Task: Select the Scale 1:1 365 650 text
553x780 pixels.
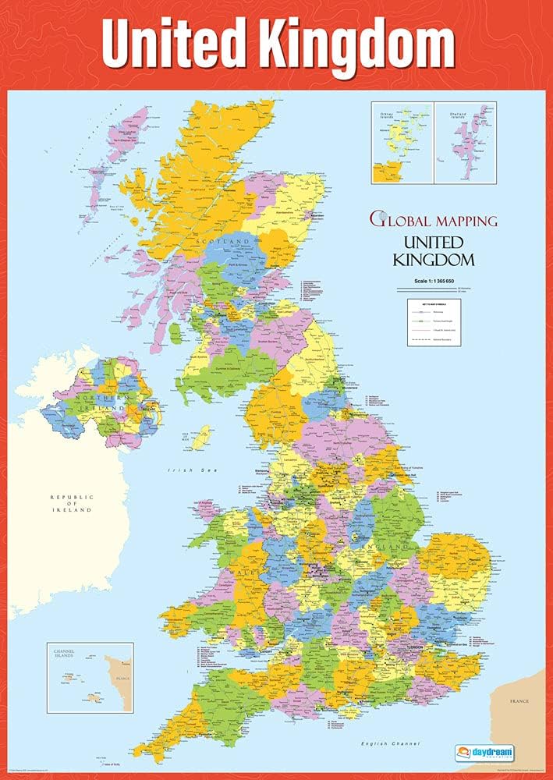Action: click(x=433, y=281)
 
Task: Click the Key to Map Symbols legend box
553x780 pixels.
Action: click(x=434, y=322)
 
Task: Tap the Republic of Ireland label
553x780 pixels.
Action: click(x=71, y=503)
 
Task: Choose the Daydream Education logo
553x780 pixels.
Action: click(x=484, y=753)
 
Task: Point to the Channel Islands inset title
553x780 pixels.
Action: click(x=64, y=652)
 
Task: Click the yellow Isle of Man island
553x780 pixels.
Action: click(x=202, y=436)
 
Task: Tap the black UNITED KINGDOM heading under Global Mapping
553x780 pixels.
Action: click(x=433, y=250)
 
